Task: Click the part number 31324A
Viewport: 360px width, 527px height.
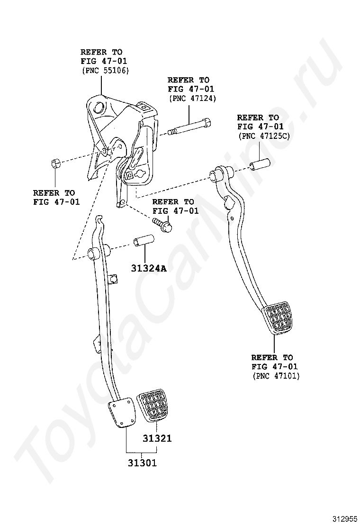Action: click(149, 268)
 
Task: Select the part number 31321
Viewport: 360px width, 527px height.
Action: click(157, 439)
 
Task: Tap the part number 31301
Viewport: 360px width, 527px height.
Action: click(142, 463)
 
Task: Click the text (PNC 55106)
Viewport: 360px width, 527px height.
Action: click(106, 71)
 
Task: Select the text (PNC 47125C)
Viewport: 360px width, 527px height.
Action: click(263, 136)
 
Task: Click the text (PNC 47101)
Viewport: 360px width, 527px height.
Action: click(276, 376)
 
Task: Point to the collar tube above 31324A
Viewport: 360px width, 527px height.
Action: click(143, 241)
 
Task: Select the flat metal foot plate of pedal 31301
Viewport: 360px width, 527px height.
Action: click(122, 413)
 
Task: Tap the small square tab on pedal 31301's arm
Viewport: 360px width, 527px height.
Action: click(114, 279)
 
